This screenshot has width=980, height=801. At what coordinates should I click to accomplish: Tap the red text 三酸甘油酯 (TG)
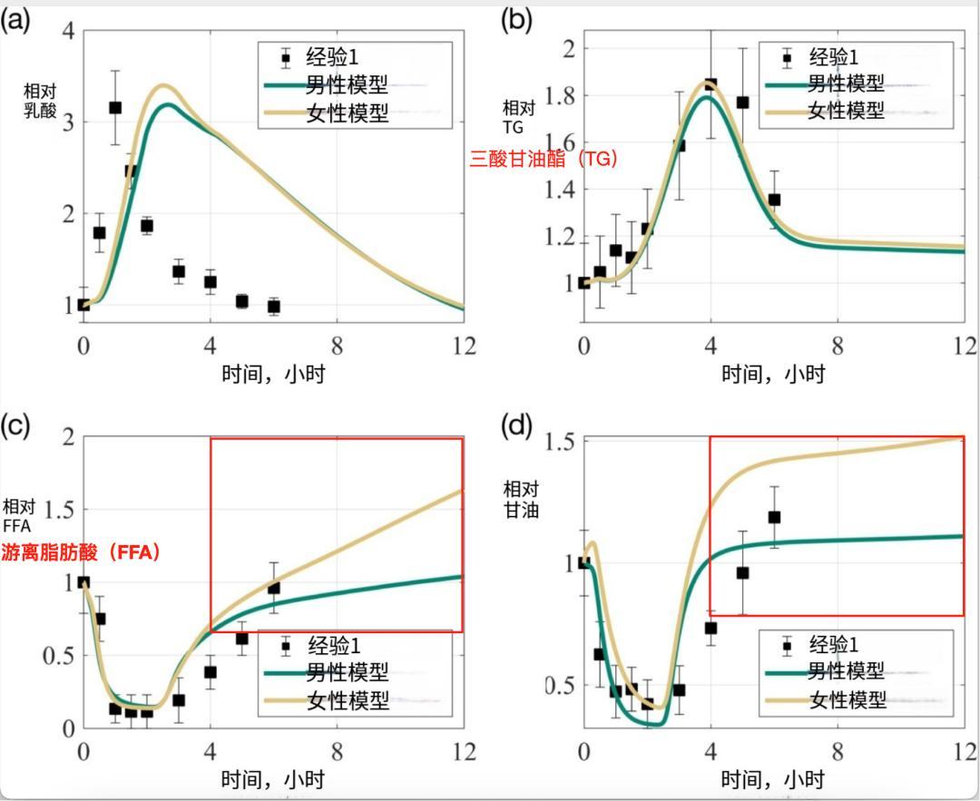tap(543, 159)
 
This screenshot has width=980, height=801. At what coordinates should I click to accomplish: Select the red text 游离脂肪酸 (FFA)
tap(81, 552)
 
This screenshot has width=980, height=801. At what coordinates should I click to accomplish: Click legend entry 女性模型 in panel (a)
tap(348, 113)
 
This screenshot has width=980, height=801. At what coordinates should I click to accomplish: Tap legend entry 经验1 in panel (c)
tap(334, 646)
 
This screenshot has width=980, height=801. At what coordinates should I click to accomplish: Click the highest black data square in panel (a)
tap(115, 108)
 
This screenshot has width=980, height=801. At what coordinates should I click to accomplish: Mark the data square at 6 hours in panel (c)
tap(273, 588)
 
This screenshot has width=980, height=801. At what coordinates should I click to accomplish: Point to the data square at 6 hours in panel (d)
tap(774, 517)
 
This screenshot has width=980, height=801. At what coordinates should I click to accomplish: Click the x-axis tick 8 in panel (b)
tap(837, 347)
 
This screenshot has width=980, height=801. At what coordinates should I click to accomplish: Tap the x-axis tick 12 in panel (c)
tap(464, 752)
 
